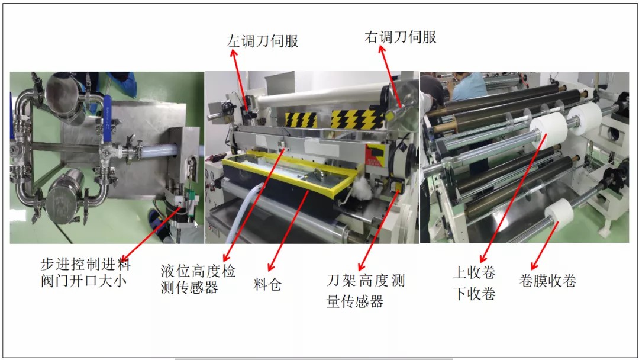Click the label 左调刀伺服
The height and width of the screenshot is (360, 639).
[x=263, y=41]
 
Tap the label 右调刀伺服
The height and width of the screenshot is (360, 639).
[x=400, y=37]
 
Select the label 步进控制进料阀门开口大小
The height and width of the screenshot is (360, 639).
[x=86, y=272]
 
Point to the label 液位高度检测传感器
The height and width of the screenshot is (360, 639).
[x=198, y=279]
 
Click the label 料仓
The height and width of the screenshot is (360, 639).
[x=267, y=284]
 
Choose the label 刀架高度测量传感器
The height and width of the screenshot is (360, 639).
[x=366, y=291]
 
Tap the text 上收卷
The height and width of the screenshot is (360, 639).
[x=474, y=272]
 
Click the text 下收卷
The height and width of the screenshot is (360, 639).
[x=474, y=293]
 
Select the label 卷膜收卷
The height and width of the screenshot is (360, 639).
[x=547, y=281]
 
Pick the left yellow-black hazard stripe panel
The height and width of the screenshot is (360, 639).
[x=301, y=120]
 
